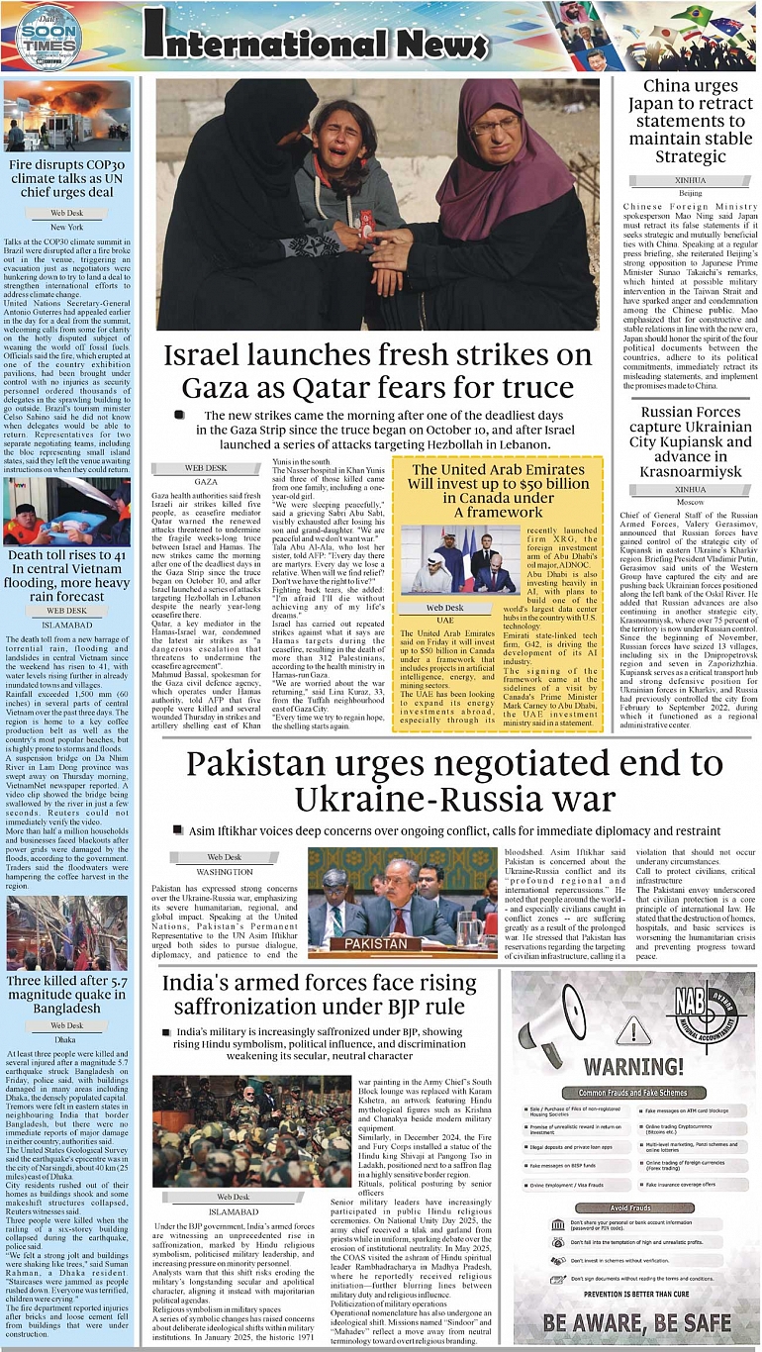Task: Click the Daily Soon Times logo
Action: (x=48, y=39)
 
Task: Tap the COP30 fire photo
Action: (x=66, y=116)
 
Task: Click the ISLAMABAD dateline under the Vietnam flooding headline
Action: (x=67, y=625)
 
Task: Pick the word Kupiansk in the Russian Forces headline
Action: (x=712, y=442)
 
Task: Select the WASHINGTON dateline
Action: (x=225, y=872)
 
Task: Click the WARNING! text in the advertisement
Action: (x=631, y=1066)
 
